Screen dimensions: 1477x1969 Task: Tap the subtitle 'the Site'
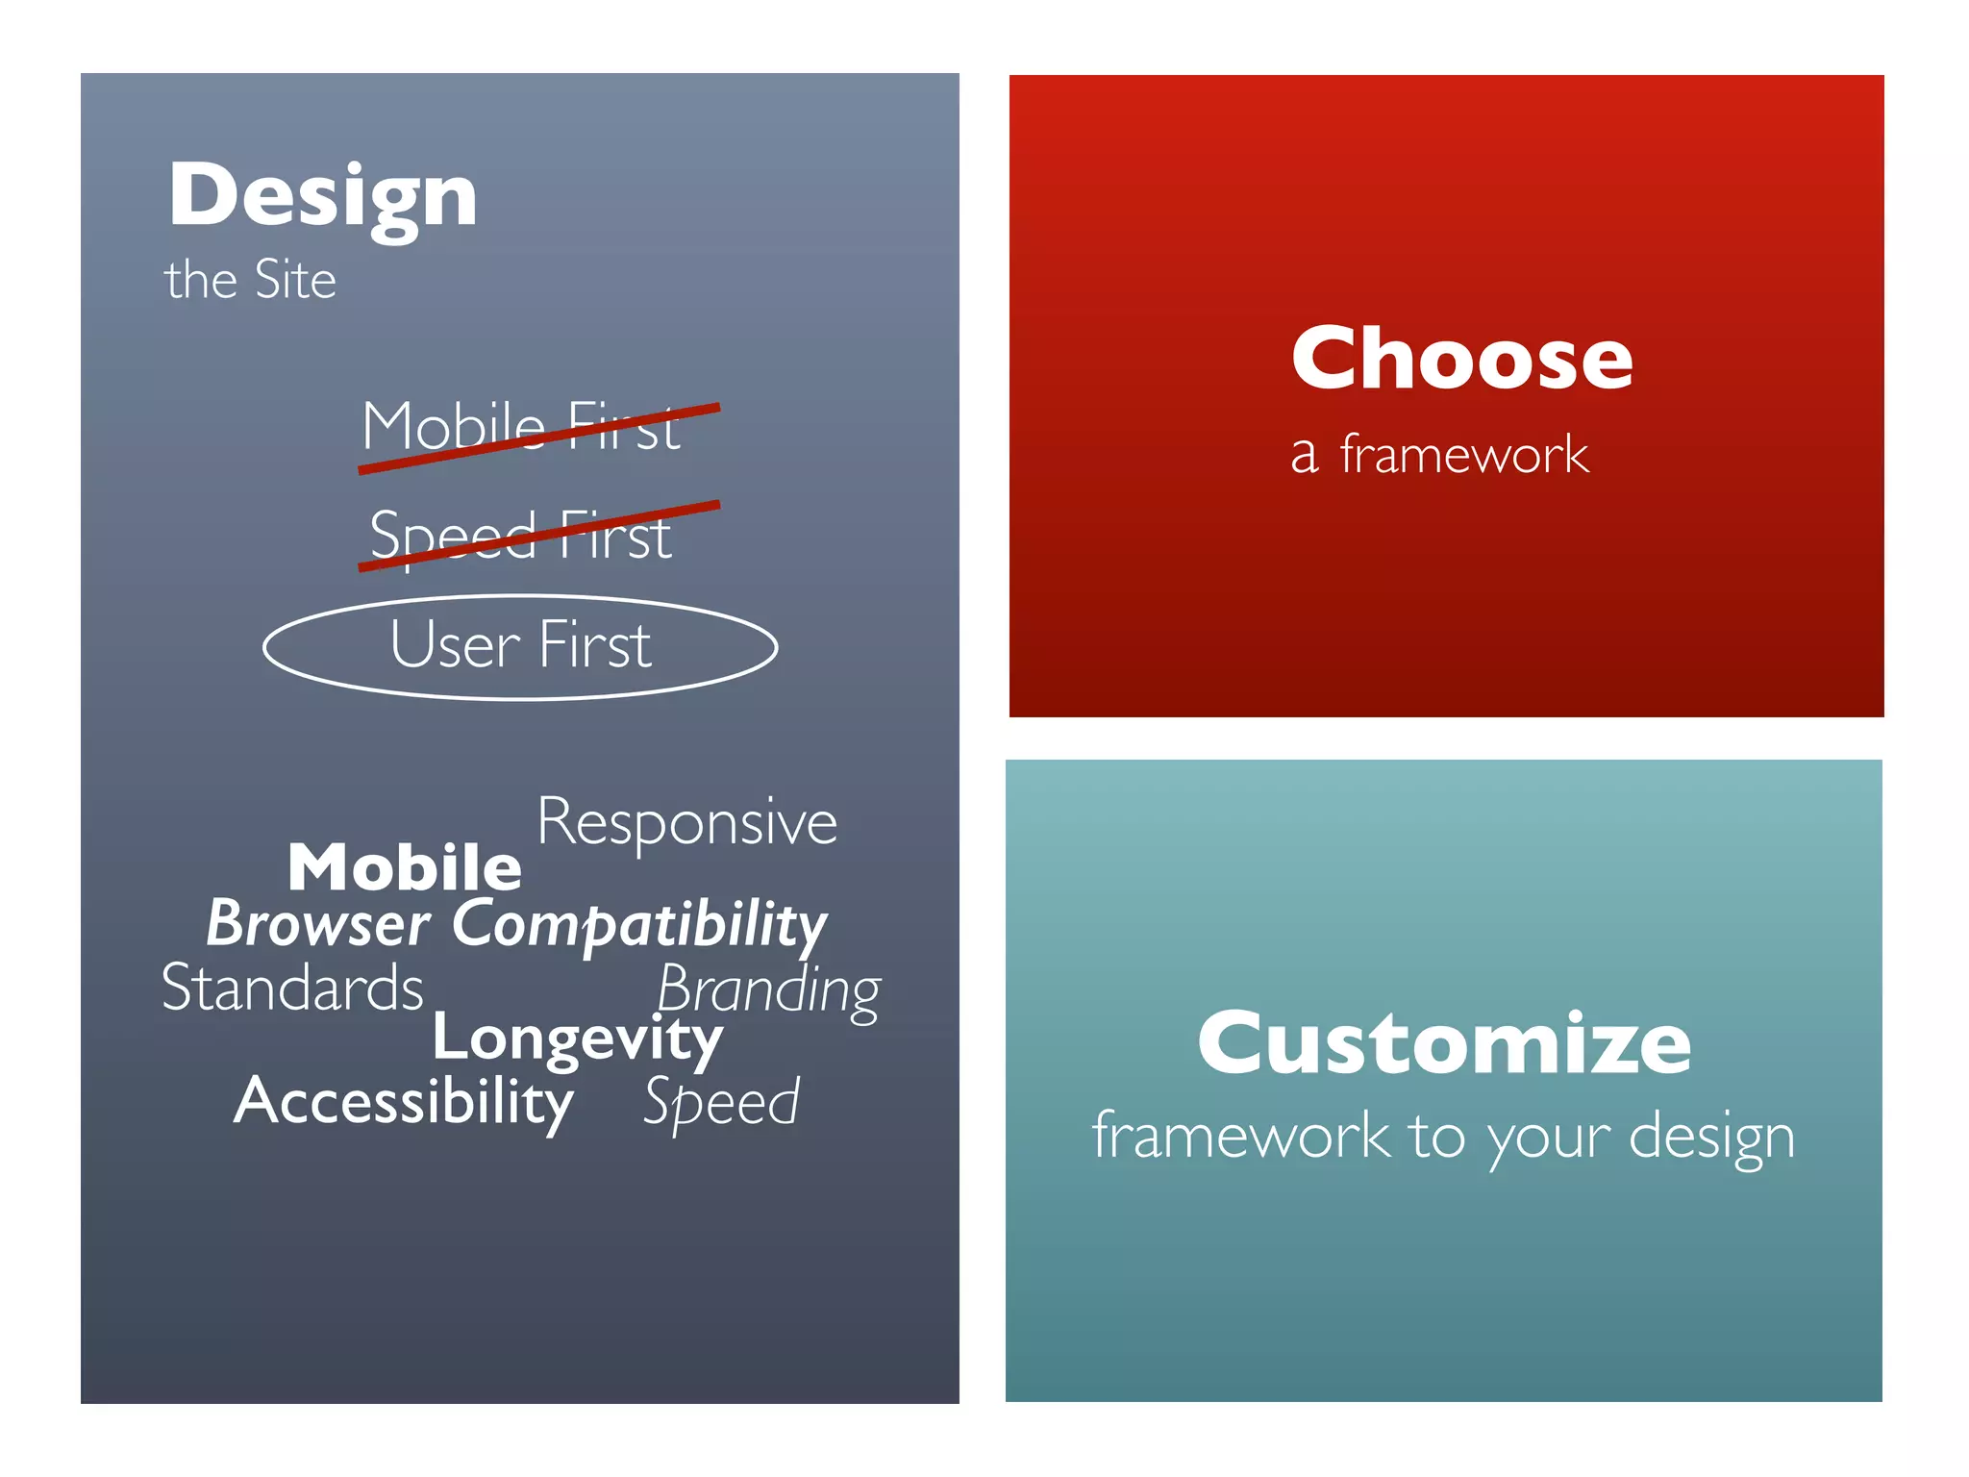pyautogui.click(x=250, y=280)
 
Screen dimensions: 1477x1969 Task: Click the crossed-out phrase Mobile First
pyautogui.click(x=521, y=426)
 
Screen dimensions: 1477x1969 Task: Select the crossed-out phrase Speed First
pyautogui.click(x=520, y=536)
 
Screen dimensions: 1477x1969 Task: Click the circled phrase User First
pyautogui.click(x=520, y=644)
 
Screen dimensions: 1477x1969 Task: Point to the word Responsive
pyautogui.click(x=686, y=823)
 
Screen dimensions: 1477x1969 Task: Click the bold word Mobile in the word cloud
pyautogui.click(x=404, y=866)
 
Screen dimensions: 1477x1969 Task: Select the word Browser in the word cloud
pyautogui.click(x=318, y=924)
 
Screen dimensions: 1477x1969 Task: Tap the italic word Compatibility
pyautogui.click(x=639, y=926)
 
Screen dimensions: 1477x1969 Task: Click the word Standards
pyautogui.click(x=292, y=988)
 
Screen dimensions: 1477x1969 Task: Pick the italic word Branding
pyautogui.click(x=768, y=990)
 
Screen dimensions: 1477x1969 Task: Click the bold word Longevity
pyautogui.click(x=577, y=1039)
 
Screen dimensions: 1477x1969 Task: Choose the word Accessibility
pyautogui.click(x=404, y=1101)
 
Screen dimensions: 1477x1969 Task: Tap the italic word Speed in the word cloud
pyautogui.click(x=721, y=1103)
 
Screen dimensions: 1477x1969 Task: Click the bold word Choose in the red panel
pyautogui.click(x=1461, y=358)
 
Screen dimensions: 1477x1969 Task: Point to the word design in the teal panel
pyautogui.click(x=1711, y=1138)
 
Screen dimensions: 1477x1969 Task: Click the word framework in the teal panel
pyautogui.click(x=1240, y=1136)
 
